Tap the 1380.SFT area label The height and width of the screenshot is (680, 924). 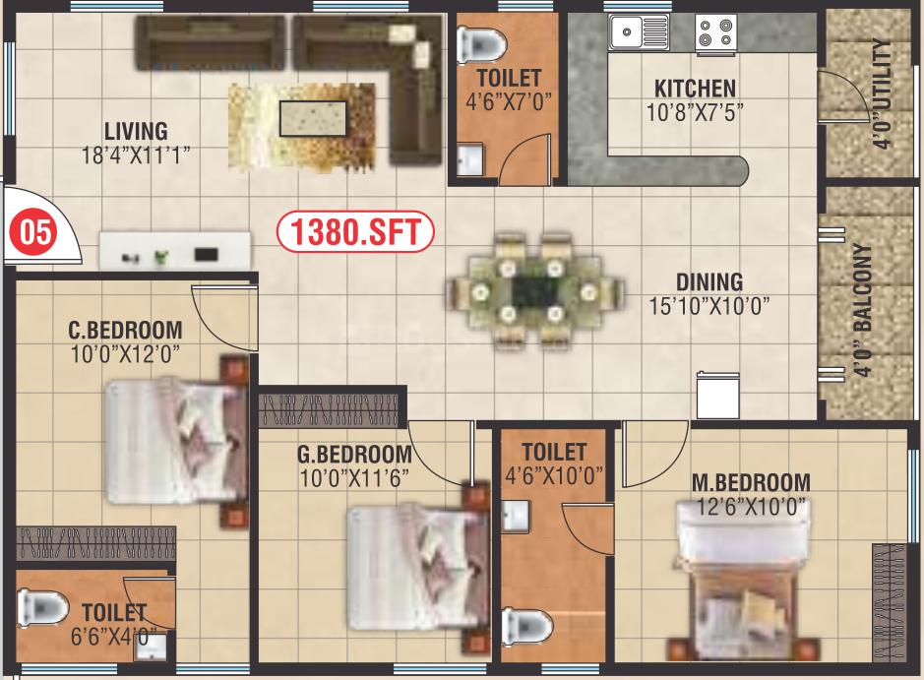355,231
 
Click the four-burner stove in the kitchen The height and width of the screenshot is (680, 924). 715,32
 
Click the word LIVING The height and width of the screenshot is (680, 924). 136,131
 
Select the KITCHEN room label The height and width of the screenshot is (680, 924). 695,89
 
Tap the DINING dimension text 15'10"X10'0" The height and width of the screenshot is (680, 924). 708,306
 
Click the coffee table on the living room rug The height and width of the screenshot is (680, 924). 313,118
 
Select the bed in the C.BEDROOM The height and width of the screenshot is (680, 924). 177,441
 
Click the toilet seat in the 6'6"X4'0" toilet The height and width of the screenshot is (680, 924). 41,607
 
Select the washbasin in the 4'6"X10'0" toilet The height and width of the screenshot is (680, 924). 516,516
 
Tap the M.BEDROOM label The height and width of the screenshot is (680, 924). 751,482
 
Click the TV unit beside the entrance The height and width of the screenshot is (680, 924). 174,250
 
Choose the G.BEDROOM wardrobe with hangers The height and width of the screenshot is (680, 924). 329,407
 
